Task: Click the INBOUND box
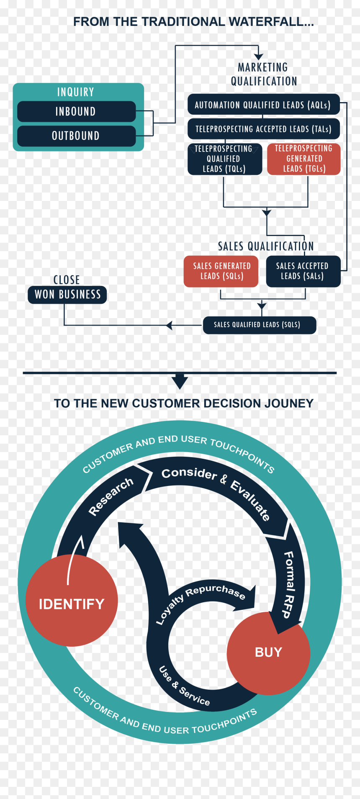[77, 112]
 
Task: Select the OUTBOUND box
[77, 136]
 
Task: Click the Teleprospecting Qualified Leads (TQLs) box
[225, 159]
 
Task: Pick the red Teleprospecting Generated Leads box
[304, 159]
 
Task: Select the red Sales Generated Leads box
[221, 271]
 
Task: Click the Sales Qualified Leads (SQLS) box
[260, 325]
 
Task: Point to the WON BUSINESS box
[67, 295]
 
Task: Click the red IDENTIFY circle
[72, 601]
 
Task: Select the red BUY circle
[268, 653]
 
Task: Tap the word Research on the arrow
[111, 496]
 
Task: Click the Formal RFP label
[288, 585]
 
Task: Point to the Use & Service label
[184, 686]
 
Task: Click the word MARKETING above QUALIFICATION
[263, 67]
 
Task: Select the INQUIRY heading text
[76, 92]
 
